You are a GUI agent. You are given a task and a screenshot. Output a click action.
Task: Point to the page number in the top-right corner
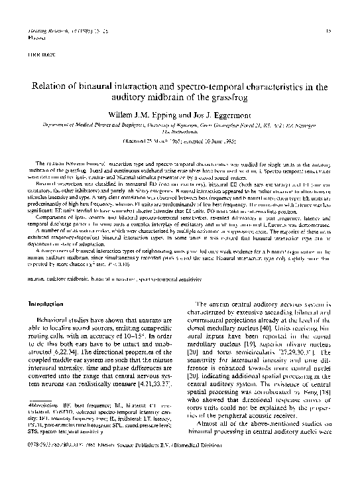[330, 31]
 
